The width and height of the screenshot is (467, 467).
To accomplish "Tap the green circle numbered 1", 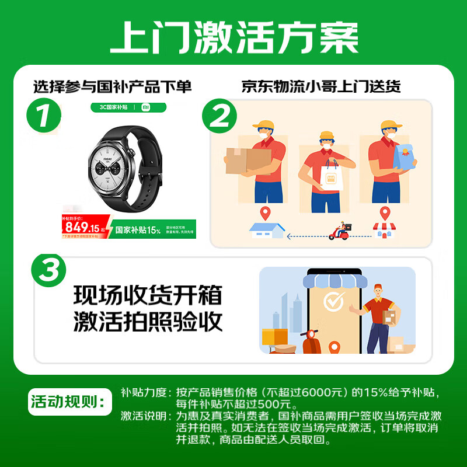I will click(x=44, y=116).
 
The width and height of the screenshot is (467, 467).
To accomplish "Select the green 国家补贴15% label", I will click(x=138, y=230).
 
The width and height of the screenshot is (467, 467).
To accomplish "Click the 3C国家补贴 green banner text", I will click(x=111, y=107).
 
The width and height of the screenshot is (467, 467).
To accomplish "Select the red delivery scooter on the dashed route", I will click(x=339, y=232).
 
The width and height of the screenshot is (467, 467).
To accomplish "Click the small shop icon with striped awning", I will click(x=384, y=230).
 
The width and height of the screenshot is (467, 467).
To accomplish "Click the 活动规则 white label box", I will click(x=69, y=402).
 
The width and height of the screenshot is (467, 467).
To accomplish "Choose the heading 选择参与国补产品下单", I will click(x=112, y=86).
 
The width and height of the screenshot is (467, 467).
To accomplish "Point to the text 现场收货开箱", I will click(x=148, y=295).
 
